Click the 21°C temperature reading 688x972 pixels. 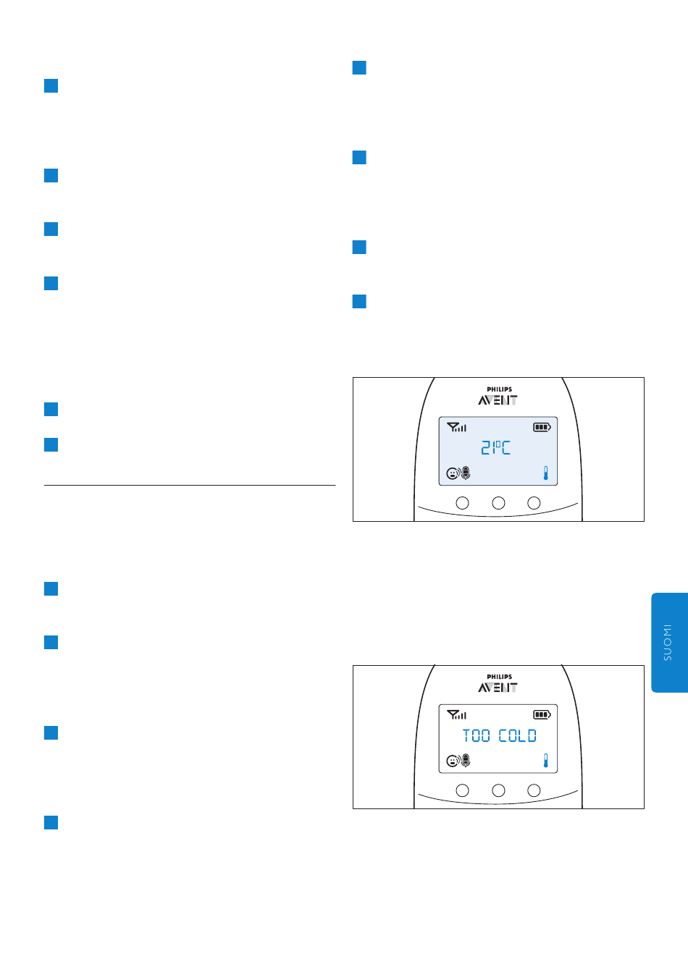(496, 448)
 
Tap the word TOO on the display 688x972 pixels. (477, 736)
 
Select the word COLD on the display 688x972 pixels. (518, 736)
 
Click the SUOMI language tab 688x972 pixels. (668, 643)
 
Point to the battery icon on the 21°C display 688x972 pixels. (542, 427)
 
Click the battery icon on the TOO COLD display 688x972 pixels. (542, 715)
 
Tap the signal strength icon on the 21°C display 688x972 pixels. (457, 427)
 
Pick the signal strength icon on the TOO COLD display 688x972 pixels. (457, 715)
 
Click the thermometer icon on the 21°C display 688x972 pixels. (545, 474)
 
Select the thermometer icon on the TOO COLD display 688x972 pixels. (545, 761)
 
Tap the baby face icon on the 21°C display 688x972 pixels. (453, 474)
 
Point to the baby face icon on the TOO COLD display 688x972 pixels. (453, 761)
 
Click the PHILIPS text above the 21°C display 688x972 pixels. (499, 389)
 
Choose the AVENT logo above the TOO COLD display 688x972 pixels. (498, 688)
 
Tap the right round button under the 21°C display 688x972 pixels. (534, 503)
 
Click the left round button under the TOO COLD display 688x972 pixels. (462, 790)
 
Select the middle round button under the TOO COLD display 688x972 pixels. (498, 790)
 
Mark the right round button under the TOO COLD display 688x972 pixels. (534, 790)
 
